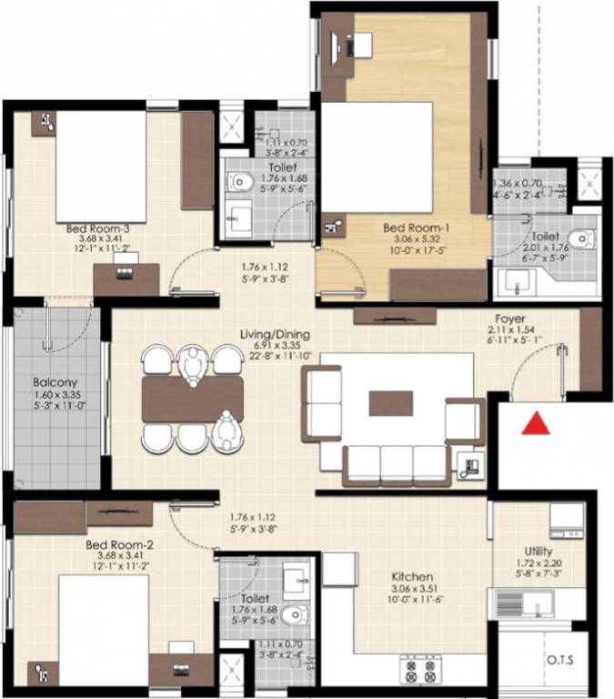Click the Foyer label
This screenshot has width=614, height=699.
point(508,319)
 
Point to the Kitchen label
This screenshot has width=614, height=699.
point(411,576)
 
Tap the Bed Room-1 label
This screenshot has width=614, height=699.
point(415,228)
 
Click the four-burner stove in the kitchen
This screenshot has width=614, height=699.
point(420,672)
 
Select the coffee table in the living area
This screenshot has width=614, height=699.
point(390,402)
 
